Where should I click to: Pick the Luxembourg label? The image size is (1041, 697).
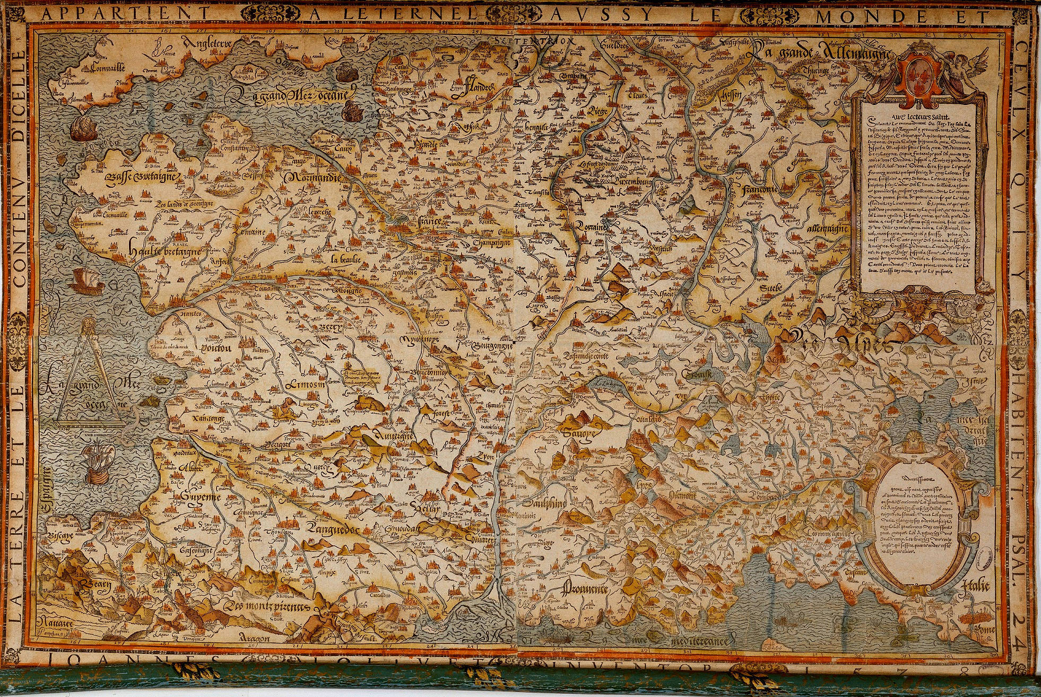[x=631, y=182]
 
